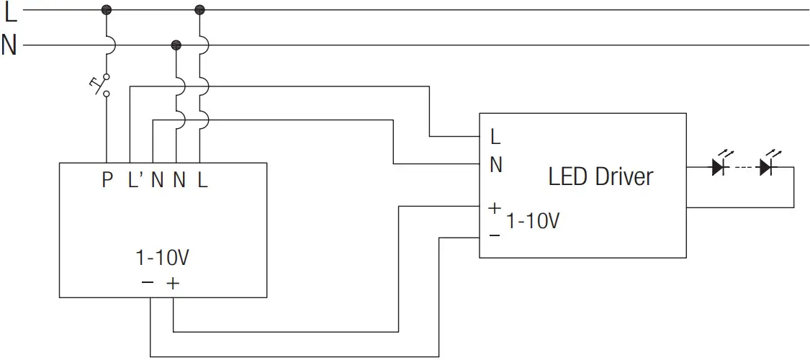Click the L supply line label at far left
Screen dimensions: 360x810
[10, 11]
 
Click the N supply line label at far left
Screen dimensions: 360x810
[9, 45]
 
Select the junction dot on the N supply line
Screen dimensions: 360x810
[176, 45]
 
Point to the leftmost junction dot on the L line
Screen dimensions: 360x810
[107, 9]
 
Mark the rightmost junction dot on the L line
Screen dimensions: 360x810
[200, 9]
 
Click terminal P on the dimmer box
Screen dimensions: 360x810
[107, 180]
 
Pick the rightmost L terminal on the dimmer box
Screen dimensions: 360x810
[202, 180]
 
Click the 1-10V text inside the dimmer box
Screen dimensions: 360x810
[163, 258]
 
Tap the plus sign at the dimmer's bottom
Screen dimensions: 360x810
[173, 284]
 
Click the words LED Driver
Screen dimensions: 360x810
[600, 176]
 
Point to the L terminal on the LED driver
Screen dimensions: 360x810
[495, 136]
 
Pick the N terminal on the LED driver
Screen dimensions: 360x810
[495, 165]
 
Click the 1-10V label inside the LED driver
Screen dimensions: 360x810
[533, 221]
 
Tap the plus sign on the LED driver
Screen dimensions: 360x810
[494, 208]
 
